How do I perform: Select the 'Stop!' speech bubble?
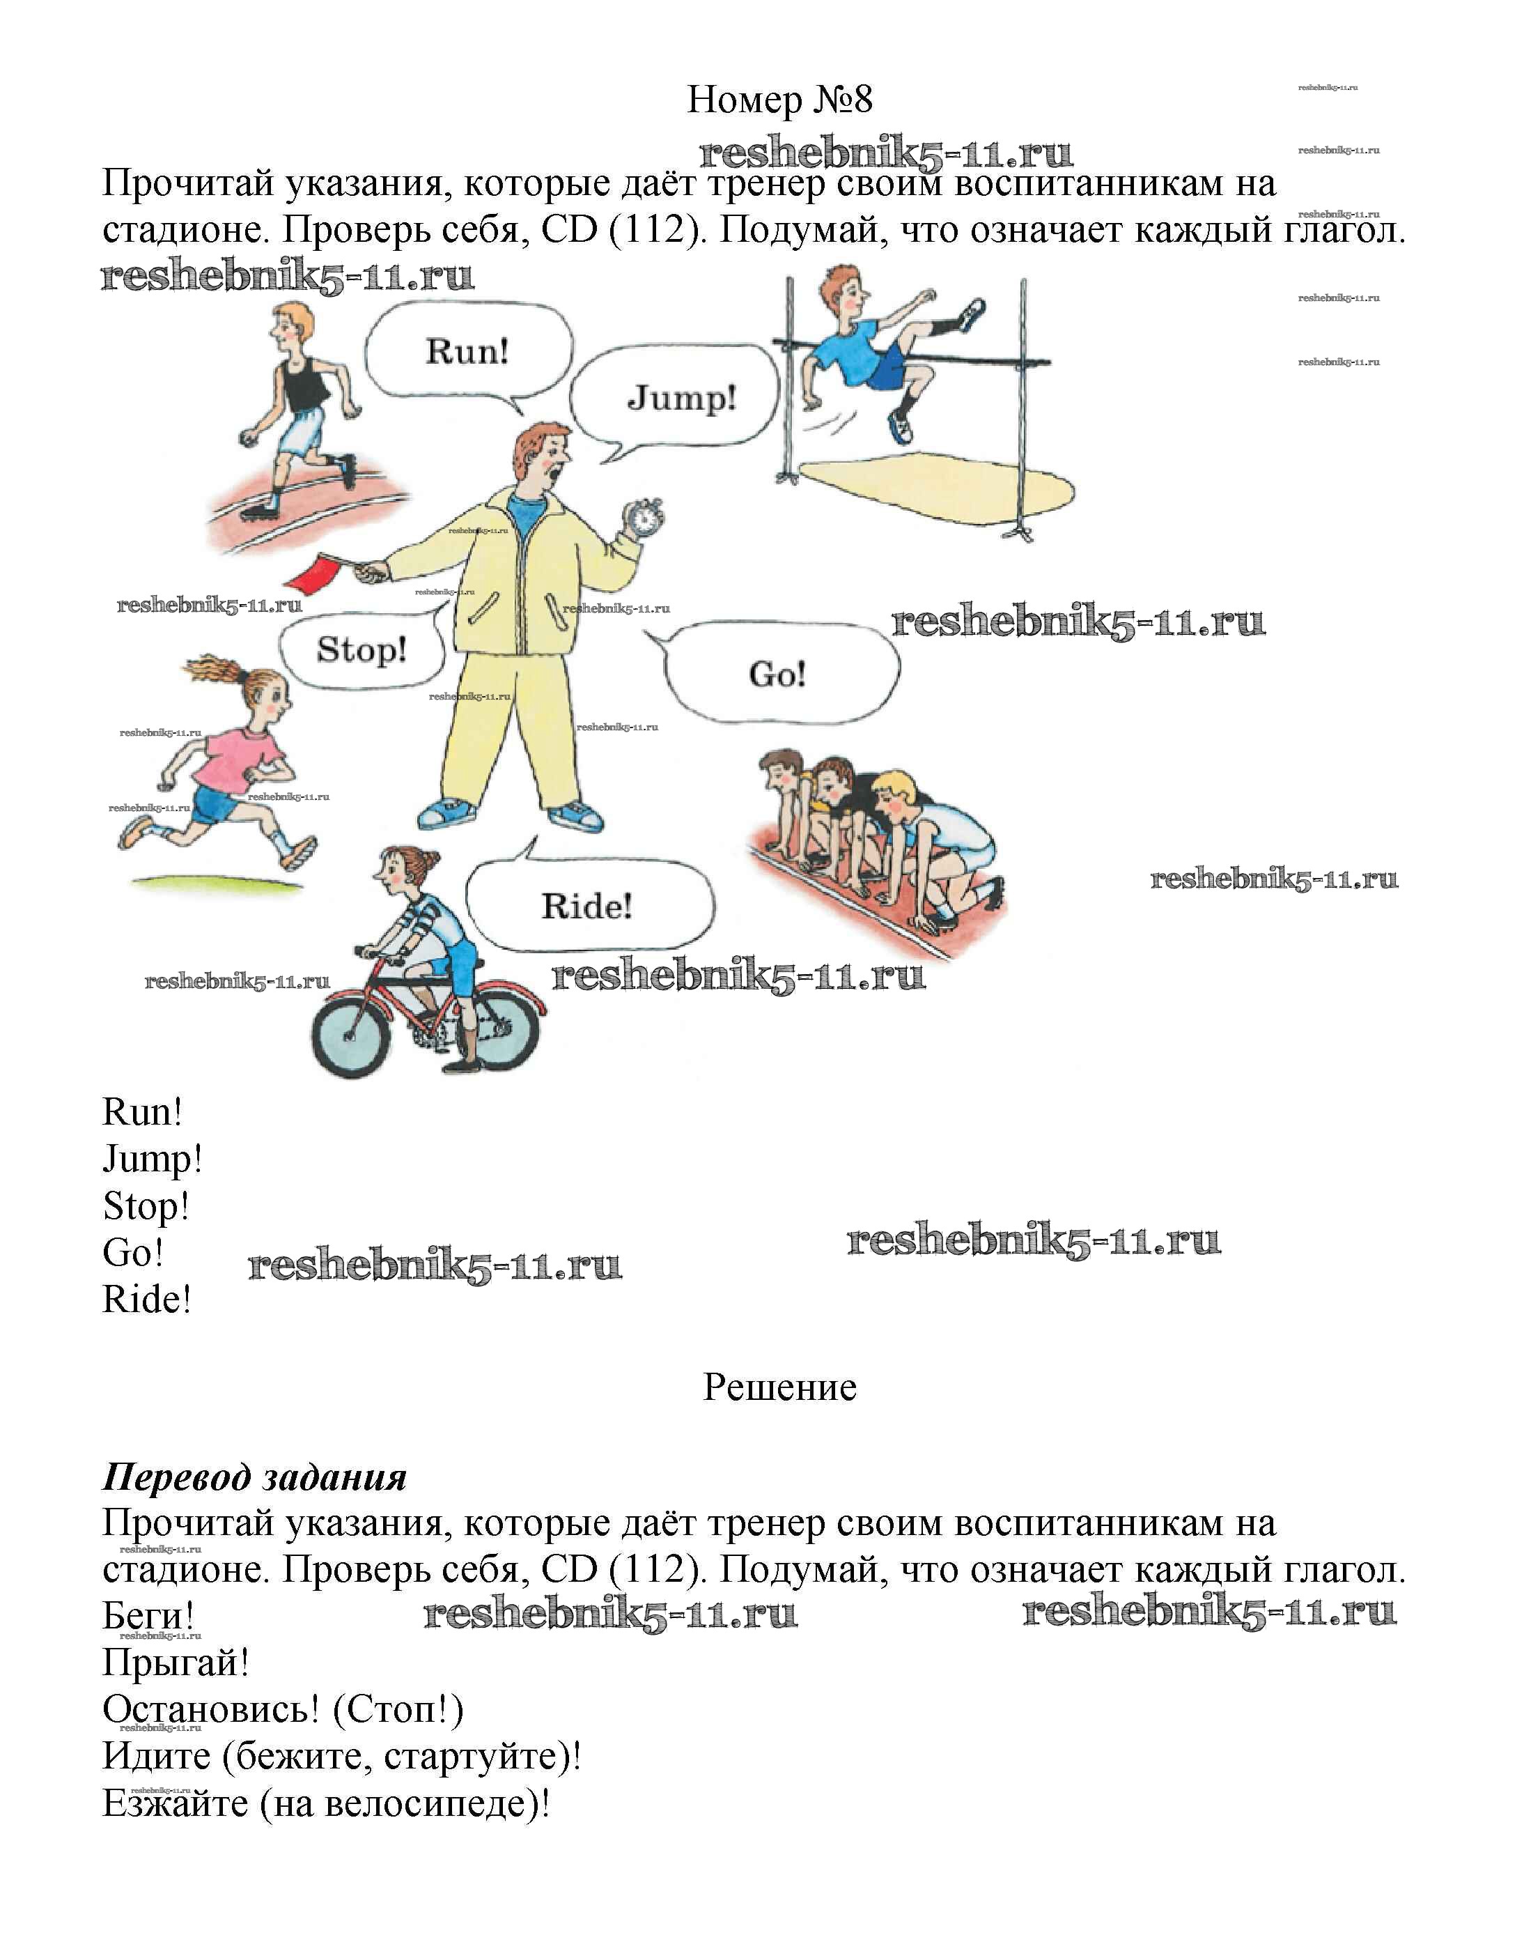pos(361,649)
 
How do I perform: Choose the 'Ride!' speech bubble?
pos(587,907)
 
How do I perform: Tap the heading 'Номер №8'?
pos(779,99)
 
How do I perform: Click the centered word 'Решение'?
pos(779,1386)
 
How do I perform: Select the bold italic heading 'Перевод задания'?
pos(254,1477)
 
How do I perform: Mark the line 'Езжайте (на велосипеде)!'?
pos(327,1803)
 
